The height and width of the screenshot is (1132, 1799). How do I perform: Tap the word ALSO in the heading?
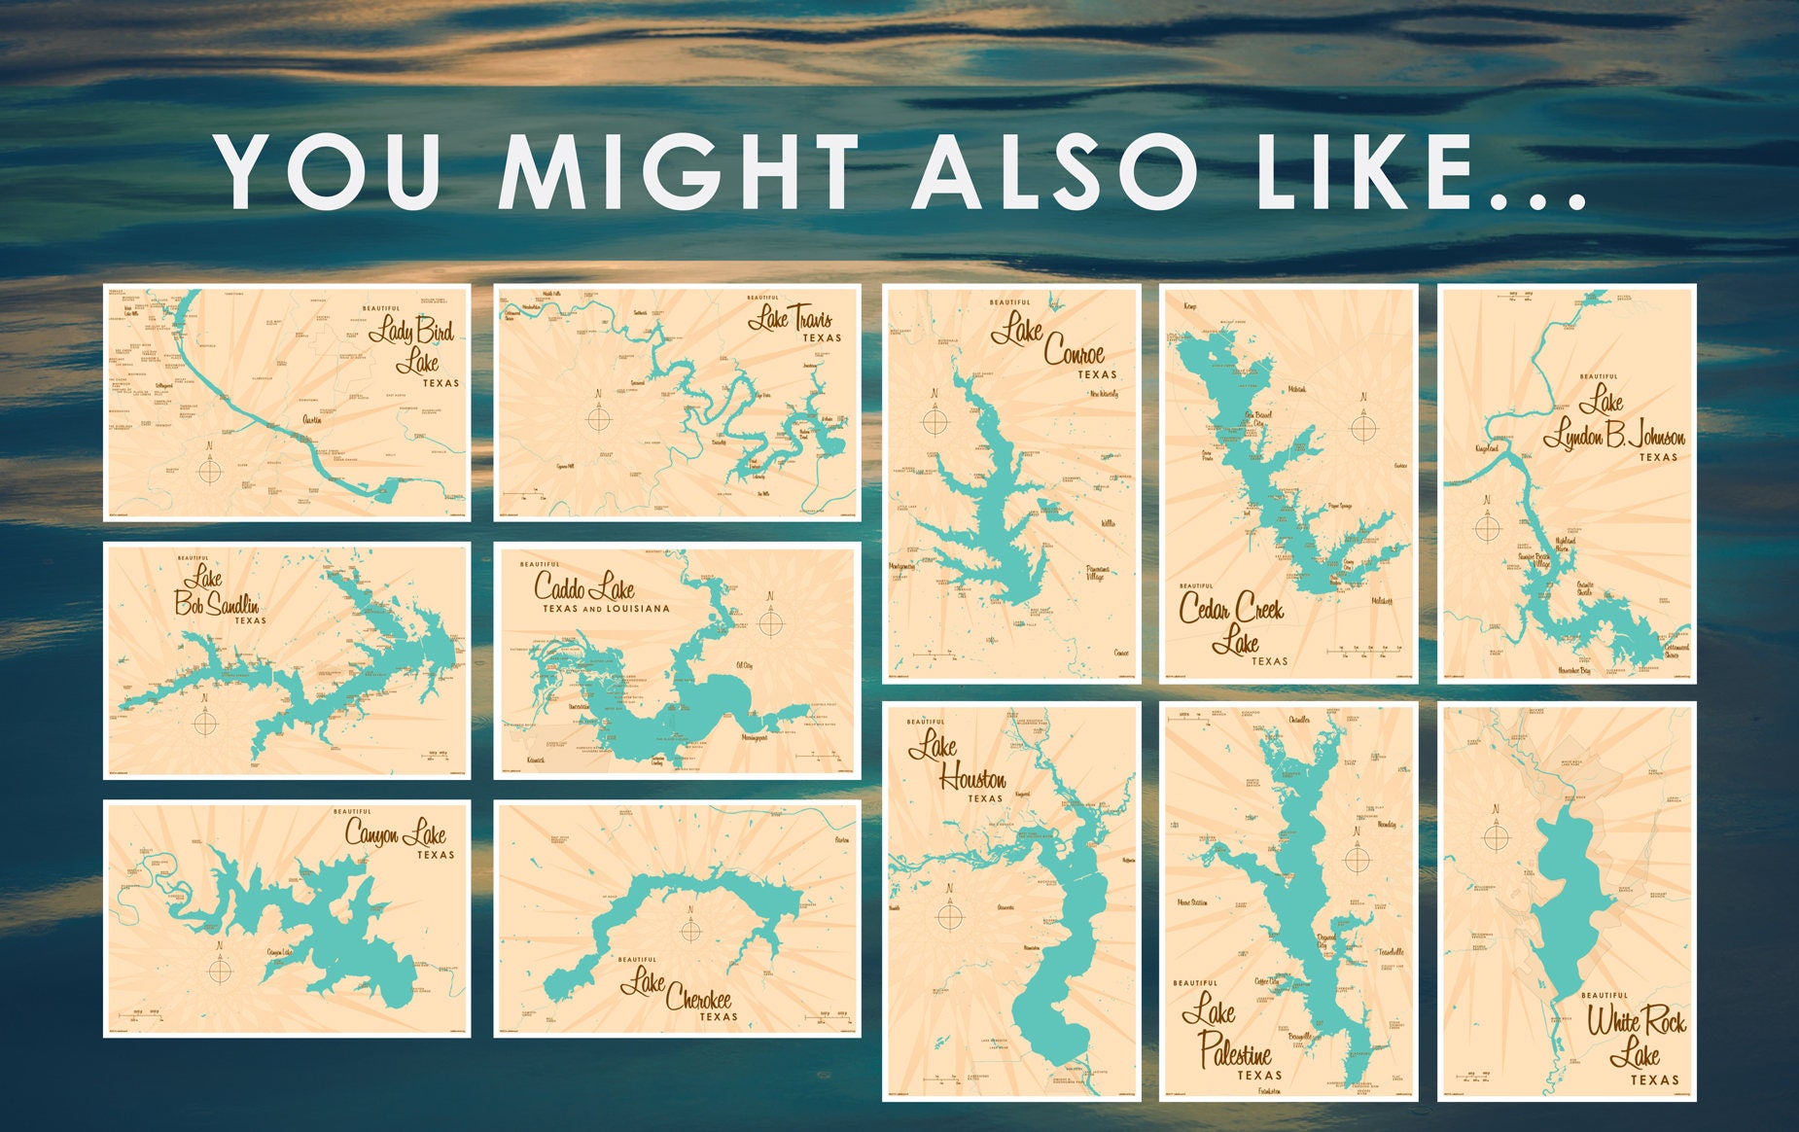click(1054, 172)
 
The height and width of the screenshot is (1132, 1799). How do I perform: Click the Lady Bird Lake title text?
click(414, 347)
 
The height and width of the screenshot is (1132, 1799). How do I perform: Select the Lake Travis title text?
click(791, 320)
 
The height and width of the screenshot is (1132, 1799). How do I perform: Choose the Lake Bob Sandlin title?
click(216, 592)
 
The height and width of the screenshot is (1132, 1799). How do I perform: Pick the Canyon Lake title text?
click(396, 833)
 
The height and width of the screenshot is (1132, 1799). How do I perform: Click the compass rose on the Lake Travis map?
click(598, 419)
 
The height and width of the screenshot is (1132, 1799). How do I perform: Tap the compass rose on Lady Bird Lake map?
click(210, 472)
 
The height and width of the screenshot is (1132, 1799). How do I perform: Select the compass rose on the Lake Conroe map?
click(935, 422)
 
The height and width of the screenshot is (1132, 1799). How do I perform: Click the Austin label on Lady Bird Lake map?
click(312, 419)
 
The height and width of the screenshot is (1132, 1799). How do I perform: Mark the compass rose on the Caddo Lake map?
click(770, 622)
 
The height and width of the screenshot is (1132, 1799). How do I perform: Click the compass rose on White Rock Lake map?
click(1496, 836)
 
